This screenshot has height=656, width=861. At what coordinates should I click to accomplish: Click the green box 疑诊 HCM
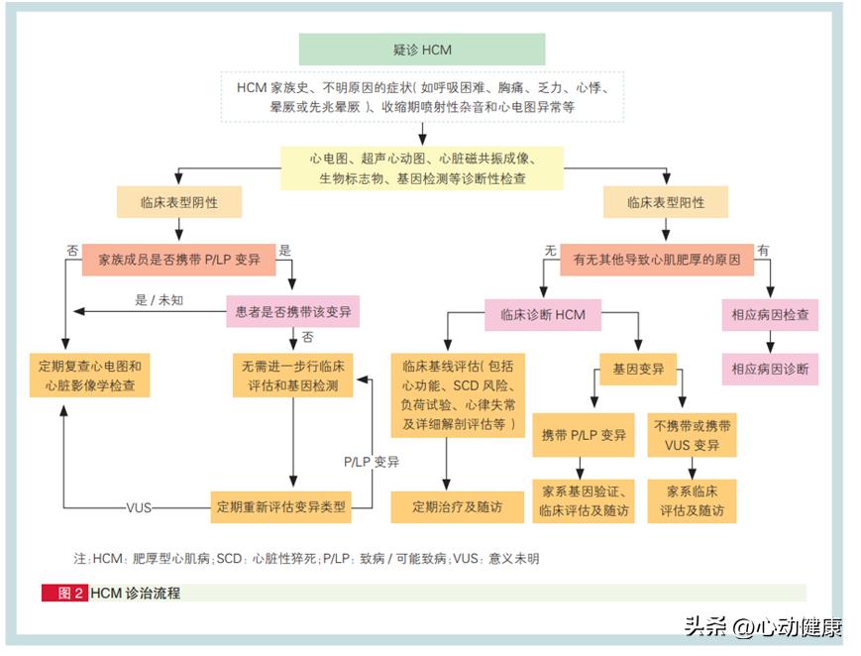pyautogui.click(x=422, y=50)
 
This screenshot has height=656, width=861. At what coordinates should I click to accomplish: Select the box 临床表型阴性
pyautogui.click(x=179, y=202)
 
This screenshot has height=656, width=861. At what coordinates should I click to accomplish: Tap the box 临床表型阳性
pyautogui.click(x=666, y=202)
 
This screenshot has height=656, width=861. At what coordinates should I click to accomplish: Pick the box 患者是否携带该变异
pyautogui.click(x=292, y=314)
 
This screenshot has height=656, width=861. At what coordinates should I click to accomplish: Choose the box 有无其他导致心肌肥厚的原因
pyautogui.click(x=657, y=260)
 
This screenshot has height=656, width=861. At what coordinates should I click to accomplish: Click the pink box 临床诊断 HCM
pyautogui.click(x=542, y=315)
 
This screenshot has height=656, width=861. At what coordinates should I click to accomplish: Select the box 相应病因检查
pyautogui.click(x=770, y=315)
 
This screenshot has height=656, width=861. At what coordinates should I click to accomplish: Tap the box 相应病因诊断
pyautogui.click(x=770, y=370)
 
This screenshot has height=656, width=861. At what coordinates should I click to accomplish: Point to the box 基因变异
pyautogui.click(x=638, y=370)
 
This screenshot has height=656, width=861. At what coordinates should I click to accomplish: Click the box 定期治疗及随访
pyautogui.click(x=458, y=506)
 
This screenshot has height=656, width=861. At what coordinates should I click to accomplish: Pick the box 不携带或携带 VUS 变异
pyautogui.click(x=693, y=435)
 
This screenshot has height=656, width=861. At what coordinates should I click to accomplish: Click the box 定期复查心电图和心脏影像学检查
pyautogui.click(x=89, y=376)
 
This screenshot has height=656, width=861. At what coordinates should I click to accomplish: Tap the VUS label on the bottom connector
pyautogui.click(x=140, y=506)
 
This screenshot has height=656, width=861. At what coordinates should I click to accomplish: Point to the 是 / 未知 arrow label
pyautogui.click(x=159, y=298)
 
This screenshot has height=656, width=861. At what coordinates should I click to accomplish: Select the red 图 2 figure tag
pyautogui.click(x=65, y=593)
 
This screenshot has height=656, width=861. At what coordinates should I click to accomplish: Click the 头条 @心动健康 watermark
pyautogui.click(x=762, y=626)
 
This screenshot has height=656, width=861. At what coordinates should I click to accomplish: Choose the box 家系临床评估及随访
pyautogui.click(x=693, y=501)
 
